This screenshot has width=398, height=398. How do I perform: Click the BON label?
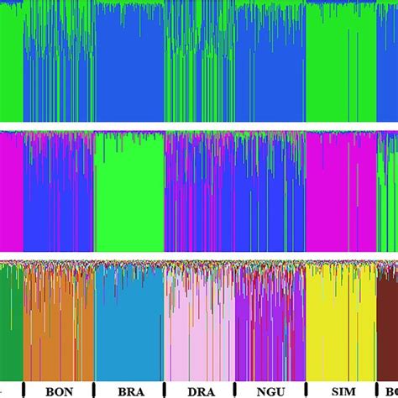click(x=59, y=390)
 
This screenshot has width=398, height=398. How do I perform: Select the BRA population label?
click(x=128, y=390)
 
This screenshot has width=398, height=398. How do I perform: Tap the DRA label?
click(x=199, y=390)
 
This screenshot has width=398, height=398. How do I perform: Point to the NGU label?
click(x=269, y=390)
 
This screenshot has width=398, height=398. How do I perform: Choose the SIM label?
click(x=341, y=390)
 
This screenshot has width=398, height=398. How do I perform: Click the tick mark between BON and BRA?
click(x=94, y=389)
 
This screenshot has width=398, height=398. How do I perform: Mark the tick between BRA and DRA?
click(x=164, y=389)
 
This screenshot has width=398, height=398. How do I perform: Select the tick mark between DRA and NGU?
click(x=234, y=389)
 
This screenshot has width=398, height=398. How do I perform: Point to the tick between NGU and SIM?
click(x=305, y=389)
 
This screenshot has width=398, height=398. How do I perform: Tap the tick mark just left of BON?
click(x=24, y=389)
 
